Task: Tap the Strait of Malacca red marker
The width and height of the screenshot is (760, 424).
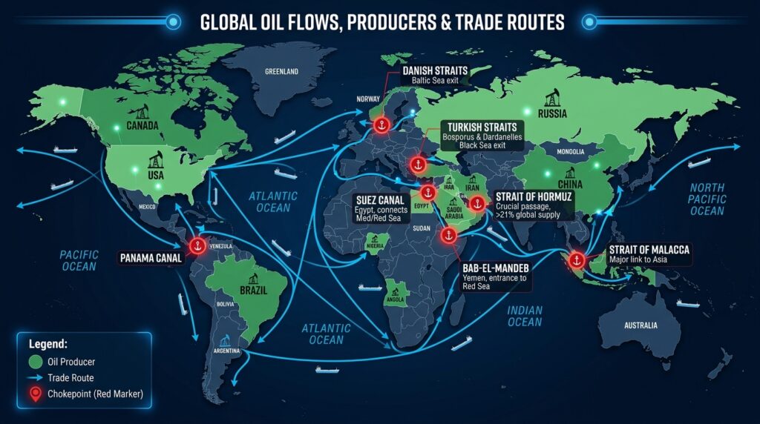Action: coord(575,259)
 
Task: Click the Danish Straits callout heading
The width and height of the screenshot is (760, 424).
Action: coord(433,71)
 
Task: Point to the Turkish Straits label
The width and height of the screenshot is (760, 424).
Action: coord(478,127)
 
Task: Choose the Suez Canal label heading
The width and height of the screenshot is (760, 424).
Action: coord(379,199)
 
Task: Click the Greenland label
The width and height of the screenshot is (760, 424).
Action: coord(281,72)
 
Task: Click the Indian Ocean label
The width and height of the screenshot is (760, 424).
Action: coord(525,316)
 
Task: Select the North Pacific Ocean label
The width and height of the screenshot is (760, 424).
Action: coord(707,199)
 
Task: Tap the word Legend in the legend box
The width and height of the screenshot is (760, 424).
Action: coord(47,345)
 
